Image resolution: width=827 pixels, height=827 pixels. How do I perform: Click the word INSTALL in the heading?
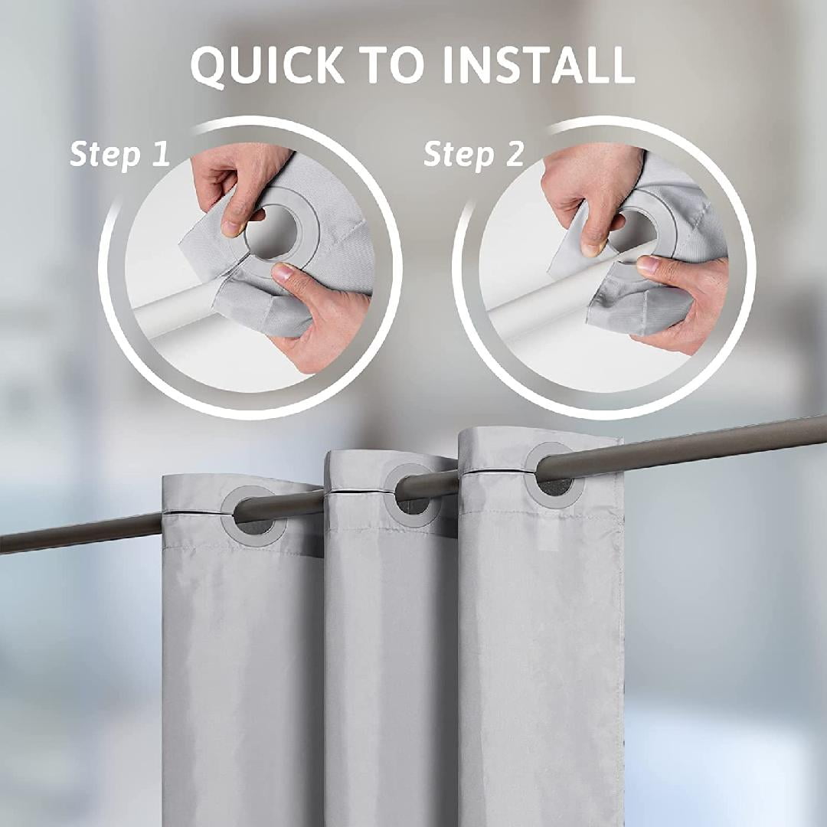pos(538,66)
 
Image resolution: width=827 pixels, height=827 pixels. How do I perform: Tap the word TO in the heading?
pos(394,66)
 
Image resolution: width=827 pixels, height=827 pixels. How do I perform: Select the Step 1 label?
pos(119,154)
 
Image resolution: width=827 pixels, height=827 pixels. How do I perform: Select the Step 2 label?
pos(474,154)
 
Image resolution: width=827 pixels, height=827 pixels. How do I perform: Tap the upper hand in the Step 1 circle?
pos(234,184)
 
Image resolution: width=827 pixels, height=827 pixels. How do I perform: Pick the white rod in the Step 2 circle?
pos(528,306)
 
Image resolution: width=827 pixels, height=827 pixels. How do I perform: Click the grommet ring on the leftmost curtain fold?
pos(253,515)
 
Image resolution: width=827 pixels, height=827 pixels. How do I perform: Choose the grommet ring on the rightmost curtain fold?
pos(554,475)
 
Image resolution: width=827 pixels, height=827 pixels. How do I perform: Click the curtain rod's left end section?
pos(77,534)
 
